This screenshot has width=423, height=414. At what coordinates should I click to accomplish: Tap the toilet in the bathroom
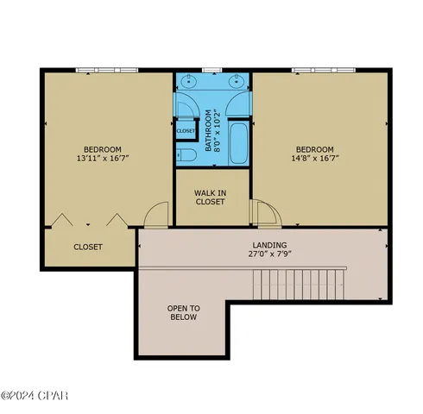coord(186,155)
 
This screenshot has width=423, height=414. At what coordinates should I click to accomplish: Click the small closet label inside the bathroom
coord(186,131)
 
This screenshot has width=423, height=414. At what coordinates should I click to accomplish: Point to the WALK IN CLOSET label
coord(211,198)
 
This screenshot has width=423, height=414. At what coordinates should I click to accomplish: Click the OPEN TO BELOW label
coord(183,313)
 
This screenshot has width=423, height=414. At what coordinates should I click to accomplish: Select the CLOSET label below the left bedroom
coord(88,247)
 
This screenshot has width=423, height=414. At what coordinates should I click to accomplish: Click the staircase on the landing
coord(299,284)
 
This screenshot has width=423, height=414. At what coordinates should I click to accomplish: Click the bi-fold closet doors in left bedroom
coord(85,220)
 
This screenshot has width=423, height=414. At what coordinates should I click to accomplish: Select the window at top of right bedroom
coord(322,69)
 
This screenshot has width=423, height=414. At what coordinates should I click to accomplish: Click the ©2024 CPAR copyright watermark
coord(35,396)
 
